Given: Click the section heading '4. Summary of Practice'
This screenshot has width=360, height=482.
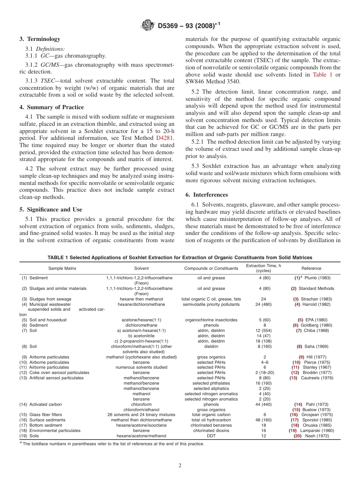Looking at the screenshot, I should point(52,107).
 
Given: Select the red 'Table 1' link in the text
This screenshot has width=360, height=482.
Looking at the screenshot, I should point(322,75).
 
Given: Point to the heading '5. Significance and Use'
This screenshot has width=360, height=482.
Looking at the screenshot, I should point(50,210).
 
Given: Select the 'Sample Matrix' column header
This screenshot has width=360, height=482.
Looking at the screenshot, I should point(63,268).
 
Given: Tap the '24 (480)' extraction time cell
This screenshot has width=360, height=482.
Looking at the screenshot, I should point(265,304).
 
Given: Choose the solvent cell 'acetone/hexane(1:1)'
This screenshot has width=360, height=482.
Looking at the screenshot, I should point(141,320).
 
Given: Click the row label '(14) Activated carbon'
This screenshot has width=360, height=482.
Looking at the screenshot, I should point(41,405).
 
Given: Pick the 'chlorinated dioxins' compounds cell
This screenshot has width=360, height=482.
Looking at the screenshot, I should point(211,430).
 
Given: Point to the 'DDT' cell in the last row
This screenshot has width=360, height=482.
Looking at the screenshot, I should point(211,436).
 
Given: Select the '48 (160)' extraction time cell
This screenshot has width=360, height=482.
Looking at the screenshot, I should point(265,420).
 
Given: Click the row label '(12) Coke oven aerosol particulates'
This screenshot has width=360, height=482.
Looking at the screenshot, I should point(54,372).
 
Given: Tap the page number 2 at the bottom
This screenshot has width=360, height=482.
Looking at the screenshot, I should point(180,466).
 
